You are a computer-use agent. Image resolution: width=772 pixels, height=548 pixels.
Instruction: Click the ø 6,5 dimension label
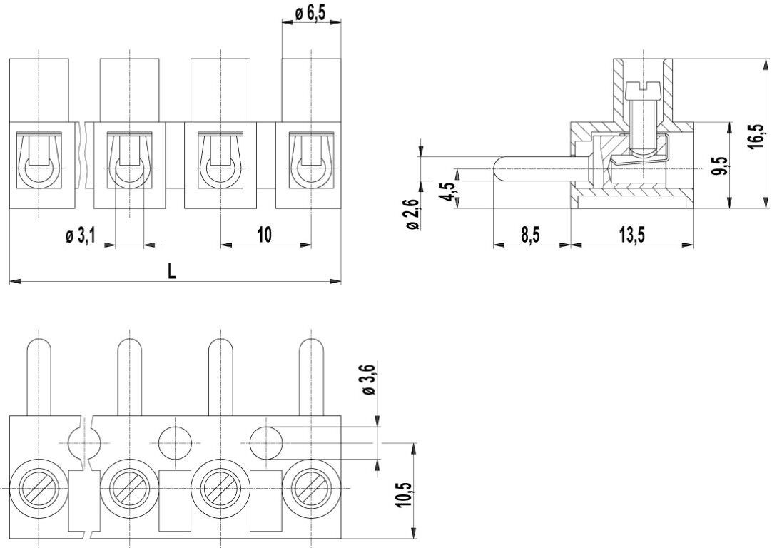tap(310, 12)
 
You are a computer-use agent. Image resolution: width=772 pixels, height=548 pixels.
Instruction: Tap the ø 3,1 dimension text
tap(79, 236)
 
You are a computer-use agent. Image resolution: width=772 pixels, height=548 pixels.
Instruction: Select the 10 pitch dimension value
tap(265, 235)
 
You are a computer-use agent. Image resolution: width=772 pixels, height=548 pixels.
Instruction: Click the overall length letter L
tap(171, 271)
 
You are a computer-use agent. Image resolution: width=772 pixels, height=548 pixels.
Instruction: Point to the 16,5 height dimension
tap(757, 136)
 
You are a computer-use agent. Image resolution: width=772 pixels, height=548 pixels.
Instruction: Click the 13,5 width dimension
tap(631, 235)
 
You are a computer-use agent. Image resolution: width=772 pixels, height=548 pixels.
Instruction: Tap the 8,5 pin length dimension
tap(531, 235)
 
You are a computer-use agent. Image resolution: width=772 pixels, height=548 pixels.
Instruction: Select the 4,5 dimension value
tap(448, 191)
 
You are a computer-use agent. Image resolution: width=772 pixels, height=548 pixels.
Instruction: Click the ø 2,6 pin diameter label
tap(412, 215)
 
